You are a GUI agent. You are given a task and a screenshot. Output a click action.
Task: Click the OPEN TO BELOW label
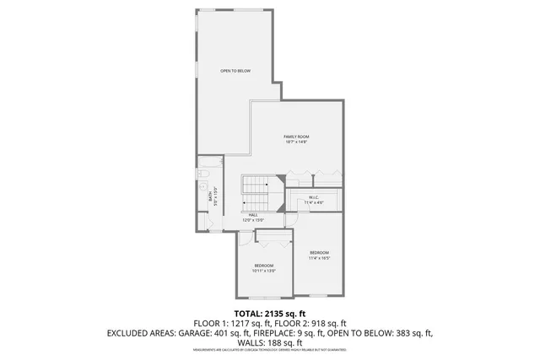click(x=235, y=71)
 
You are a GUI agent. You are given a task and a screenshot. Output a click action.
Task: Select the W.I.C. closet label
click(x=314, y=196)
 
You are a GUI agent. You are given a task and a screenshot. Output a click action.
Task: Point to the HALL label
click(x=229, y=215)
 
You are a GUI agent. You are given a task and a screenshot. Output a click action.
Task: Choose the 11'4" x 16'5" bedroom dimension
click(x=319, y=259)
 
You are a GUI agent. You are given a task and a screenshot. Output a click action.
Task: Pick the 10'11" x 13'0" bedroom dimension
click(x=264, y=271)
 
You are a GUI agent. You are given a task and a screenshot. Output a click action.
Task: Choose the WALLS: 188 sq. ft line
click(x=269, y=342)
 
